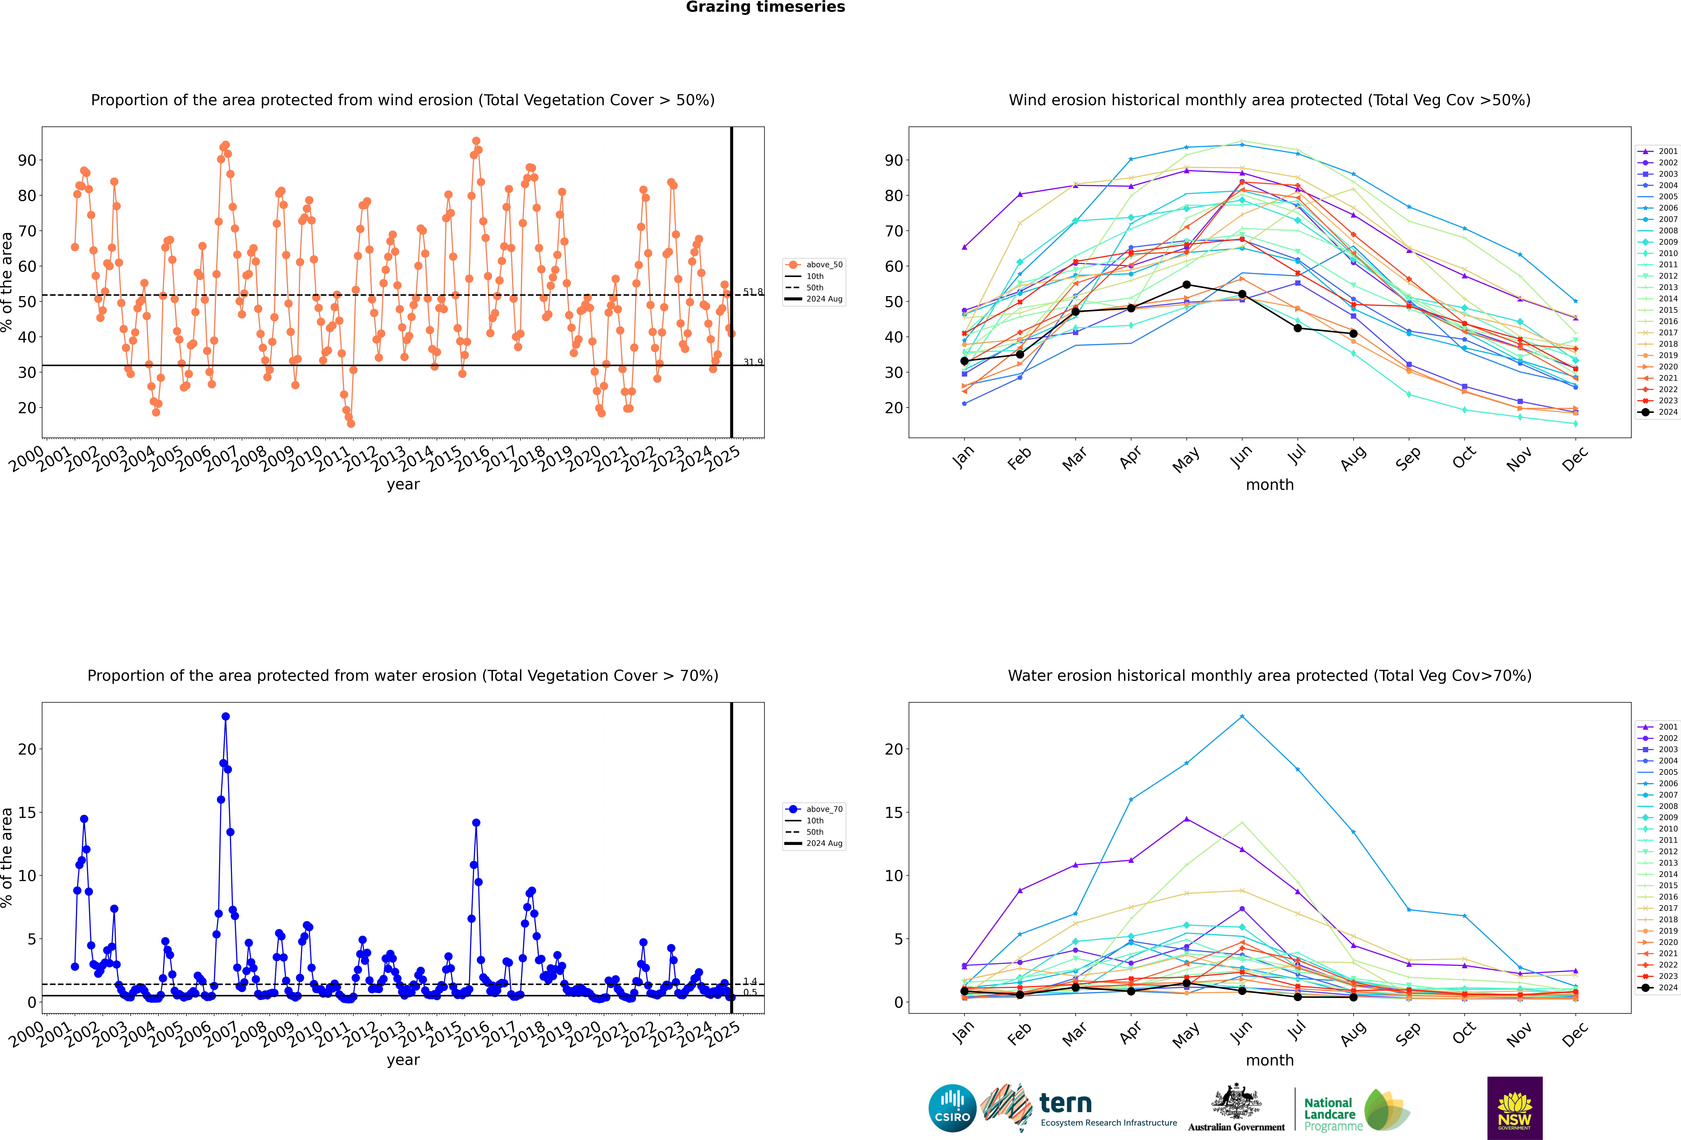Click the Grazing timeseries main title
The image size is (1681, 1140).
(765, 7)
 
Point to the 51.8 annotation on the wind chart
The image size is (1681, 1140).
(752, 292)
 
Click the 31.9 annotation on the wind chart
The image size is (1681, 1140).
(752, 362)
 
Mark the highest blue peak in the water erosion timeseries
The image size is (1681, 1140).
(226, 717)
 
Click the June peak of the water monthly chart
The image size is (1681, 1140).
(1242, 717)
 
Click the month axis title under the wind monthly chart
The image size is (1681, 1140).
(1269, 485)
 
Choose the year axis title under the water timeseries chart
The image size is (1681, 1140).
(403, 1060)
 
